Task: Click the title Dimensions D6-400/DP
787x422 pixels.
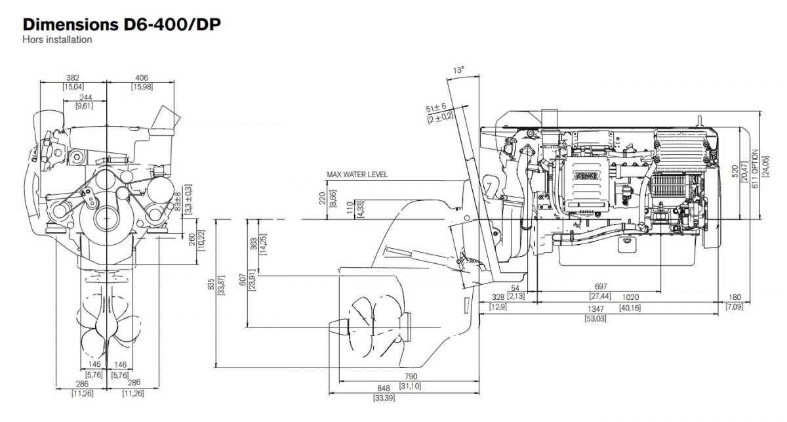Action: coord(121,24)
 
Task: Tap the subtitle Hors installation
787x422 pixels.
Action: coord(57,39)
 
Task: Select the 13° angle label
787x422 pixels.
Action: coord(458,70)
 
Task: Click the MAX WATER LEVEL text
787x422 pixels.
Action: coord(357,175)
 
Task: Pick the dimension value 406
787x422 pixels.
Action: coord(142,77)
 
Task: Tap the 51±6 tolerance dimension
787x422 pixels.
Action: coord(435,107)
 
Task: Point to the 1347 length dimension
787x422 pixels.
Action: coord(595,308)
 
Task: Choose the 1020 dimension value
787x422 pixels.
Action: coord(613,297)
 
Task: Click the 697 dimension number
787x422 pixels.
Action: coord(600,287)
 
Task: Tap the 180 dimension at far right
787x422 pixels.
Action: coord(734,297)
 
